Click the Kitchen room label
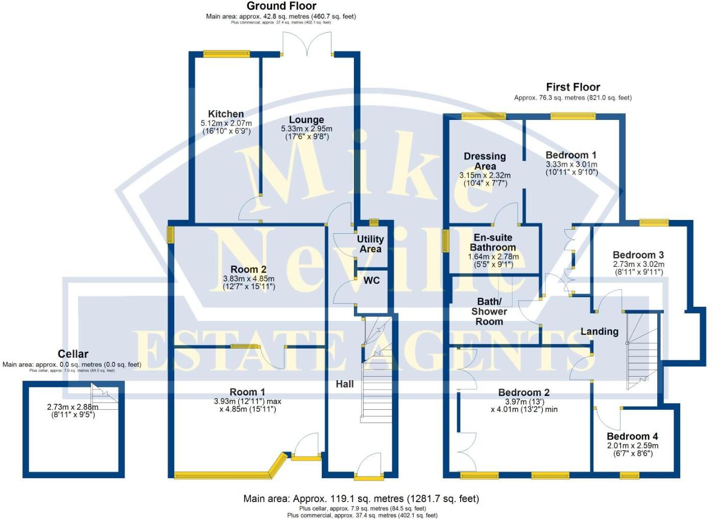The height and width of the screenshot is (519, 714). pyautogui.click(x=226, y=114)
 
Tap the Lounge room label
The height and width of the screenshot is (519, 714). pyautogui.click(x=306, y=120)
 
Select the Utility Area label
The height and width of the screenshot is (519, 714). pyautogui.click(x=370, y=244)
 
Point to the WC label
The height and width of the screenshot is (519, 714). pyautogui.click(x=371, y=280)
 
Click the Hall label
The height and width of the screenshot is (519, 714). pyautogui.click(x=345, y=384)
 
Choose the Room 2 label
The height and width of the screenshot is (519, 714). pyautogui.click(x=248, y=269)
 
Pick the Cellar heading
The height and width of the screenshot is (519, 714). pyautogui.click(x=73, y=354)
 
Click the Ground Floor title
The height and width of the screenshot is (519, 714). pyautogui.click(x=281, y=6)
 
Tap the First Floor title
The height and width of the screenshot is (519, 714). pyautogui.click(x=573, y=87)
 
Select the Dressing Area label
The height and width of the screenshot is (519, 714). pyautogui.click(x=485, y=161)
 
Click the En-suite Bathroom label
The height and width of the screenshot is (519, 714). pyautogui.click(x=493, y=242)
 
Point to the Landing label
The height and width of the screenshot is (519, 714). pyautogui.click(x=599, y=331)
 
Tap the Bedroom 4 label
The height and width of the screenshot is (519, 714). pyautogui.click(x=632, y=436)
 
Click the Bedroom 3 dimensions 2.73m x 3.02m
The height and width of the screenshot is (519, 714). pyautogui.click(x=638, y=264)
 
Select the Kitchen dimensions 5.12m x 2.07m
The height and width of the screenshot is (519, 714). pyautogui.click(x=226, y=123)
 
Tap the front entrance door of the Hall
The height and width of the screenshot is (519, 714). pyautogui.click(x=369, y=467)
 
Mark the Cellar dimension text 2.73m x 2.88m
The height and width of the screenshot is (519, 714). pyautogui.click(x=73, y=407)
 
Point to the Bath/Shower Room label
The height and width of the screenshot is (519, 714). pyautogui.click(x=489, y=311)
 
